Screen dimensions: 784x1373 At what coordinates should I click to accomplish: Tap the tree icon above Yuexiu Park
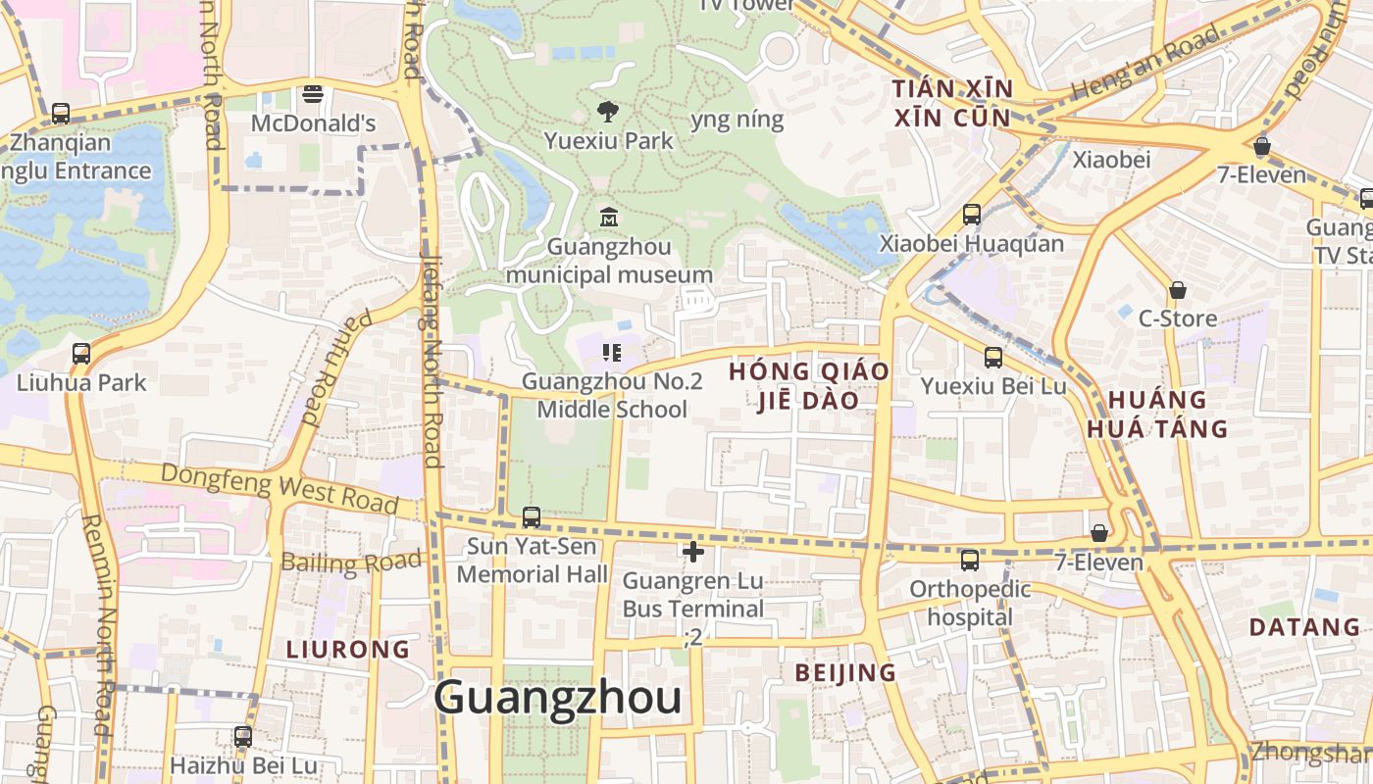[x=608, y=111]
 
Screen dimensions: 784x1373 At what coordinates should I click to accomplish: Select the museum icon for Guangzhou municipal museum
[x=608, y=216]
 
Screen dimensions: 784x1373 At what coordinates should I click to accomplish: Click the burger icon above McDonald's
[x=314, y=94]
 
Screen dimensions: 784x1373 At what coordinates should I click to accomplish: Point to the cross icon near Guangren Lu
[x=693, y=552]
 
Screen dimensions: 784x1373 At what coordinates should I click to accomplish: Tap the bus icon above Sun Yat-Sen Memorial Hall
[x=532, y=516]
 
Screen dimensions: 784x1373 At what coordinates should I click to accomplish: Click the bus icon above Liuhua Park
[x=81, y=353]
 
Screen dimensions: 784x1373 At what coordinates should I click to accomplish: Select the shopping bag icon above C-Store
[x=1177, y=291]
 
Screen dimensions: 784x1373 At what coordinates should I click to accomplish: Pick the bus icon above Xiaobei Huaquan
[x=972, y=214]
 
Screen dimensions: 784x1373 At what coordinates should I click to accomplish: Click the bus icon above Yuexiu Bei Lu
[x=993, y=357]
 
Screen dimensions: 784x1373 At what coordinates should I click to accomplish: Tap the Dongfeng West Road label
[x=280, y=486]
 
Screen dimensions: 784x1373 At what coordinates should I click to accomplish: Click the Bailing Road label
[x=351, y=562]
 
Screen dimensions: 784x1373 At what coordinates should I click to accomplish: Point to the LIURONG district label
[x=348, y=649]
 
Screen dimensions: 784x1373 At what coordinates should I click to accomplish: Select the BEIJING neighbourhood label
[x=845, y=672]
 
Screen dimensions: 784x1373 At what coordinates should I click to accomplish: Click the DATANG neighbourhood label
[x=1304, y=627]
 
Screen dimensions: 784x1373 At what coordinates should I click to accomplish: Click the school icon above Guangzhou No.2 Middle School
[x=612, y=353]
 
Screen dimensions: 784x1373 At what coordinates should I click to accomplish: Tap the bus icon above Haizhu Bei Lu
[x=243, y=736]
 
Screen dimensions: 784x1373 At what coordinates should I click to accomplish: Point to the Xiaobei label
[x=1111, y=159]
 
